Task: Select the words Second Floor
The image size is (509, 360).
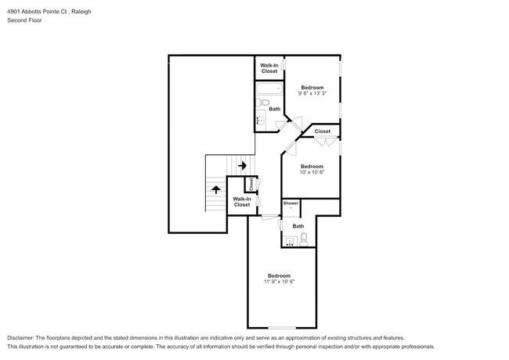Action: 24,20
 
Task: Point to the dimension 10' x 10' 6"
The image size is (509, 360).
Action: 312,172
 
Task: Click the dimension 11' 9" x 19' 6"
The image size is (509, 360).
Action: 280,281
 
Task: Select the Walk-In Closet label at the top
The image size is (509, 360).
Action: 269,68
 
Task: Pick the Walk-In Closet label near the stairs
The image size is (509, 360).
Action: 241,202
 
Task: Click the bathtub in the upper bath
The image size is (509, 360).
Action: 268,88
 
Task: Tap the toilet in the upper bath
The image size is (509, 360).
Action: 265,103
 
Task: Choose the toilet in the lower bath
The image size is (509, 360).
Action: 305,238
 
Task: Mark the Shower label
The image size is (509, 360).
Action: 291,203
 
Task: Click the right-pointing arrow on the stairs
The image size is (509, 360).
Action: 242,165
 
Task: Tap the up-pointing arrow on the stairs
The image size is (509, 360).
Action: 215,189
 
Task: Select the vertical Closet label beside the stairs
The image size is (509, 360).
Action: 251,185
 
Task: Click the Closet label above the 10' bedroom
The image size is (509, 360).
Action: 322,131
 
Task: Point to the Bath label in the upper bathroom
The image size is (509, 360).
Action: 274,109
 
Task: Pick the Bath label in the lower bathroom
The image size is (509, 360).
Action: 298,226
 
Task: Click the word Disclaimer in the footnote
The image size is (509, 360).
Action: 23,337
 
